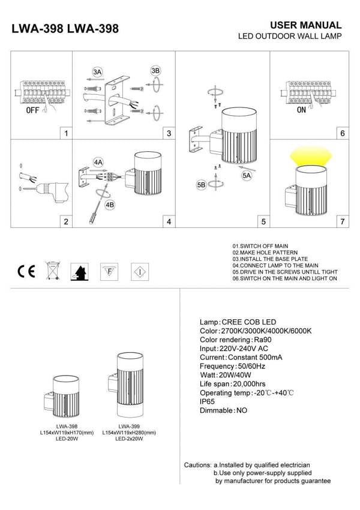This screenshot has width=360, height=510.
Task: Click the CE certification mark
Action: (27, 271)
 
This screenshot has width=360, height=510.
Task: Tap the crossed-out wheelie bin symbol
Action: (53, 271)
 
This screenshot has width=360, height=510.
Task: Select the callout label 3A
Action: (98, 72)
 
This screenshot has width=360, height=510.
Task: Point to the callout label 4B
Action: (110, 205)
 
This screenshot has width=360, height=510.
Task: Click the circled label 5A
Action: (247, 176)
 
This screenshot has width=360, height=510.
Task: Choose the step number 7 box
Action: (342, 221)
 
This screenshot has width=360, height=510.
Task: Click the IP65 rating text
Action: (208, 400)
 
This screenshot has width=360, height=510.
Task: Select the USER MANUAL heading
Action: (306, 25)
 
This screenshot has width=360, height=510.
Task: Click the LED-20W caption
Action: (67, 439)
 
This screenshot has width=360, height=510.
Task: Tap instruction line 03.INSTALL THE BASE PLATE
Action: (269, 259)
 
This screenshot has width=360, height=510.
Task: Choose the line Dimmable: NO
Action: (223, 410)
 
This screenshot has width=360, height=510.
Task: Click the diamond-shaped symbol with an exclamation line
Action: (140, 271)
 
